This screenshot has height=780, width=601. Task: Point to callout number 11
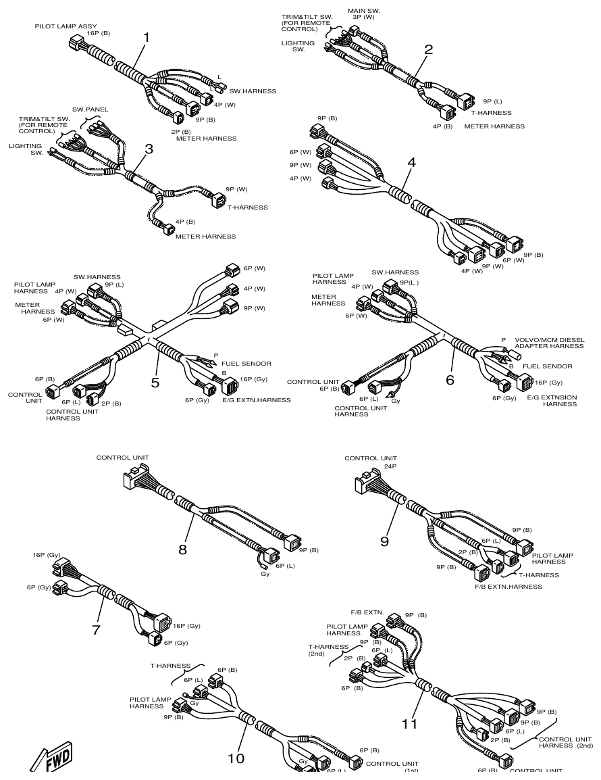pyautogui.click(x=410, y=724)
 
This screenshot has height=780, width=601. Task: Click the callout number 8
pyautogui.click(x=182, y=549)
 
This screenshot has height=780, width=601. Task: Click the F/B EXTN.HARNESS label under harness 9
pyautogui.click(x=508, y=587)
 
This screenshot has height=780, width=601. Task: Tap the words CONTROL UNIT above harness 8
pyautogui.click(x=122, y=458)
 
